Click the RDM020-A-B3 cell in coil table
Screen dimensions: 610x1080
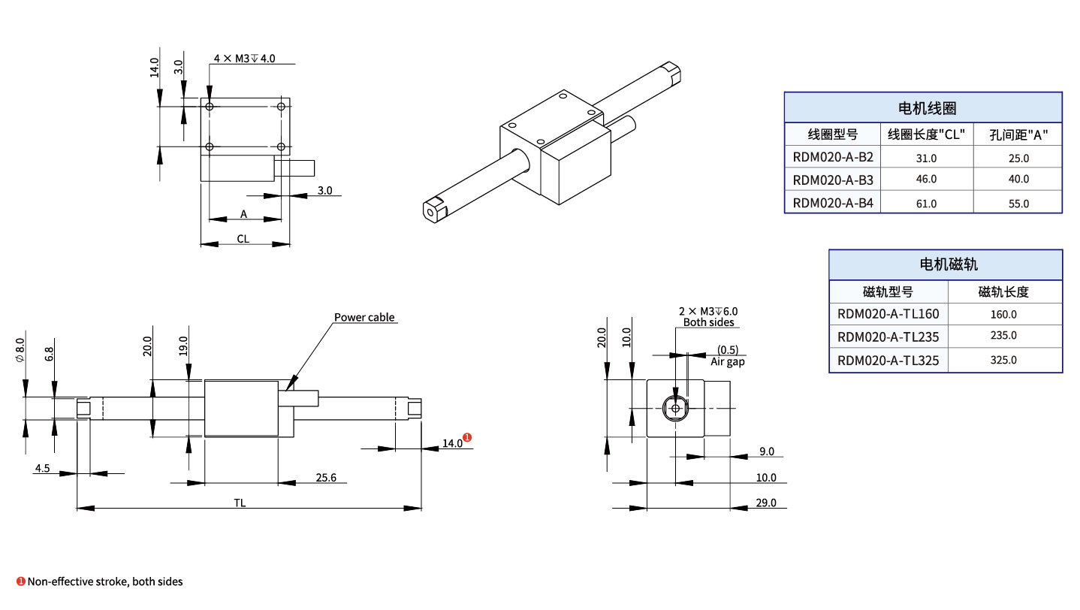pos(833,180)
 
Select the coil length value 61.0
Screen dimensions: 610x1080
pos(926,204)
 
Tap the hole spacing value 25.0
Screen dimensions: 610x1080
pos(1018,158)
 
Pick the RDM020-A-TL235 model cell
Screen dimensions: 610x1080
pos(888,337)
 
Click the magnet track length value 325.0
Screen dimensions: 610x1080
pos(1004,360)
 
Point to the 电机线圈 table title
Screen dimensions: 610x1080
pos(923,108)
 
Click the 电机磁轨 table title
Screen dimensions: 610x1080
pos(945,264)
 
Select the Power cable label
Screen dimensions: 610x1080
pos(364,317)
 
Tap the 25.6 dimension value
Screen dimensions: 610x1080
pos(326,477)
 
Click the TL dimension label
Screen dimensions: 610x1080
pos(240,503)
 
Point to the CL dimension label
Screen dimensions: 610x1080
pos(243,239)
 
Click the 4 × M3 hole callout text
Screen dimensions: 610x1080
pos(245,59)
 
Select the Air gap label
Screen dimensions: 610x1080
pos(727,361)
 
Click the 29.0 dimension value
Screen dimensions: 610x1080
pos(766,503)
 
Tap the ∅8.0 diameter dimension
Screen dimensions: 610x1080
pos(20,349)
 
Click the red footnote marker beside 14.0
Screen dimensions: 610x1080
pos(467,437)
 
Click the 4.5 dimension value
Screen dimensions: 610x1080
pos(42,468)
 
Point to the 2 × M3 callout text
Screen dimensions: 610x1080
pos(708,311)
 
